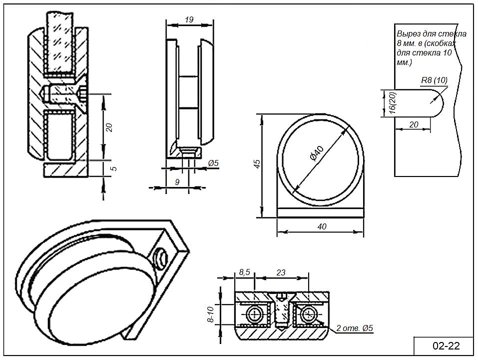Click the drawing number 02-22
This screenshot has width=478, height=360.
click(445, 345)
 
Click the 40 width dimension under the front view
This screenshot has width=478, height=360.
click(322, 226)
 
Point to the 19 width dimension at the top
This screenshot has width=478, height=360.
click(189, 20)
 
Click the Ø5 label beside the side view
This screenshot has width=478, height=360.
click(213, 162)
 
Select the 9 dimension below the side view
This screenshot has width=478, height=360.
click(177, 182)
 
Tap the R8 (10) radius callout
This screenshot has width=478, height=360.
click(434, 80)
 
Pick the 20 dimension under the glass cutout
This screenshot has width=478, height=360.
click(414, 124)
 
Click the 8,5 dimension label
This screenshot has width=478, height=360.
click(245, 272)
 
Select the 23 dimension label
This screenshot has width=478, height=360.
click(281, 272)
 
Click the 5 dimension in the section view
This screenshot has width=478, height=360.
click(113, 168)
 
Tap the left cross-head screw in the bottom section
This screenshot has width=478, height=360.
click(255, 314)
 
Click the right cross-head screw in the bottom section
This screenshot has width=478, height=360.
click(308, 314)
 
